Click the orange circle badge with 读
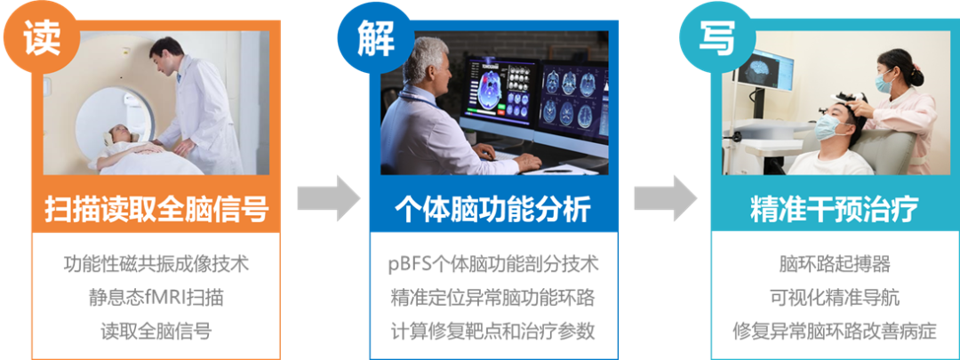click(x=42, y=39)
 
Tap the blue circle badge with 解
click(x=375, y=39)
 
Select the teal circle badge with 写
click(x=716, y=39)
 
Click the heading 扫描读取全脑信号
click(x=156, y=210)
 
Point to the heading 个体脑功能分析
click(x=492, y=210)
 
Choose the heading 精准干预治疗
click(x=835, y=210)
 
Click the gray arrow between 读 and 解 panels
click(x=329, y=197)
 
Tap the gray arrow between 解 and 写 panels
click(x=665, y=197)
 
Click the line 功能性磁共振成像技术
click(x=156, y=265)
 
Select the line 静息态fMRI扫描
click(x=156, y=298)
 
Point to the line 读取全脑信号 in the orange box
click(x=156, y=331)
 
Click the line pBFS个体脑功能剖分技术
click(x=492, y=265)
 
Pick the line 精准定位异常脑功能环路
click(x=492, y=298)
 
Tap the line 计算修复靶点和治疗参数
click(x=492, y=331)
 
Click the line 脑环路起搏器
click(x=835, y=265)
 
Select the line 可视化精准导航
click(x=835, y=298)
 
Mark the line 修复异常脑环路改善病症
click(x=835, y=331)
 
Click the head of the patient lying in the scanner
click(x=117, y=135)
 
